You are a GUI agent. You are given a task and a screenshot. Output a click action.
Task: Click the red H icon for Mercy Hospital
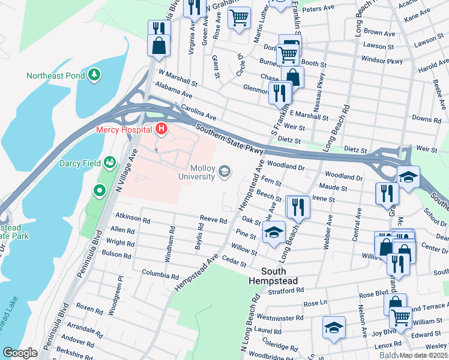pos(161,128)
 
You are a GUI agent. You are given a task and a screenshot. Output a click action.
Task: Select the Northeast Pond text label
pos(56,75)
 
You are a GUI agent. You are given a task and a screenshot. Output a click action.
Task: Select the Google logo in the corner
pos(20,353)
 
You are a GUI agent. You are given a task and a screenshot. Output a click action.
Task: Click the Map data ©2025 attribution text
pos(424,355)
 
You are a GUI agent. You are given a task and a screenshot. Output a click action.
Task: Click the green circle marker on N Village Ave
pos(100,191)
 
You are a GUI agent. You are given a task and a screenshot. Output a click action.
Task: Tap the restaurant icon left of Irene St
pos(298,206)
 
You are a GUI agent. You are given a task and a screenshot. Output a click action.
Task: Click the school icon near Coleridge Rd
pos(334,327)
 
